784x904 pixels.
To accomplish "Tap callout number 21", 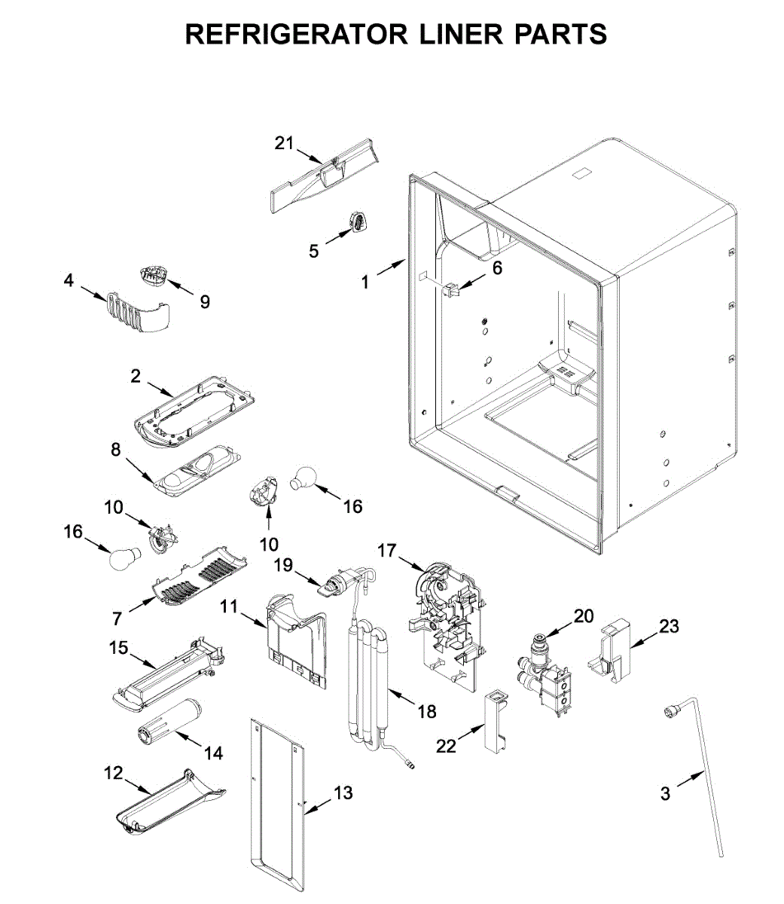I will coord(283,142).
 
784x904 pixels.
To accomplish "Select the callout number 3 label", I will coord(665,793).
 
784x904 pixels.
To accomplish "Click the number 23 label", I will coord(669,626).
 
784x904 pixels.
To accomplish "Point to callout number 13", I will coord(343,793).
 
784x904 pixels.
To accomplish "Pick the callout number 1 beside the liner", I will coord(365,282).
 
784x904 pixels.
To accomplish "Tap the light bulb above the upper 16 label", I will coord(307,477).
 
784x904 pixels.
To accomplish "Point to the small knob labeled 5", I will coord(358,222).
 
